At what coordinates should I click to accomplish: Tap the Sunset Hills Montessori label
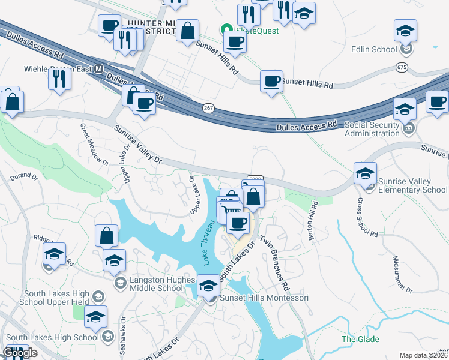[265, 298]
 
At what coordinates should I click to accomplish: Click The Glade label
[360, 339]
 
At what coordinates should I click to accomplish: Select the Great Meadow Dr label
[94, 145]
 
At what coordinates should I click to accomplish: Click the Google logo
[20, 353]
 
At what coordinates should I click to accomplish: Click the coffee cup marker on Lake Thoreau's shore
[238, 223]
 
